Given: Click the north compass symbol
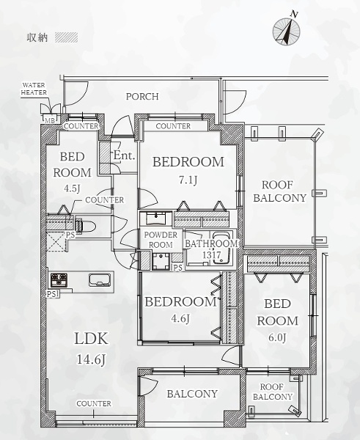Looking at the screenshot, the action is [287, 30].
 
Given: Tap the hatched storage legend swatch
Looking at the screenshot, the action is [66, 37].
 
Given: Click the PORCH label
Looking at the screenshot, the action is [142, 97].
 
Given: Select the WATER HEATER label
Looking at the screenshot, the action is [34, 89].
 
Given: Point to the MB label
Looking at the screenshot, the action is [51, 120].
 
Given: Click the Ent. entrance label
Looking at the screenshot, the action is [124, 155].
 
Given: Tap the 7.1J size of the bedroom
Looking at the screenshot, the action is [188, 180].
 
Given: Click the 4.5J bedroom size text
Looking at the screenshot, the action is [72, 188].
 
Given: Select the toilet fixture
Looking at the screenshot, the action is [85, 226].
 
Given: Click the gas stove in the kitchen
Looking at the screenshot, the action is [59, 280].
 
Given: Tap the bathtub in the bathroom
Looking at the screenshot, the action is [222, 248].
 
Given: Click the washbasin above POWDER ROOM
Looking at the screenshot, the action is [155, 218].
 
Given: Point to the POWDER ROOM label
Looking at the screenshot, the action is [161, 240].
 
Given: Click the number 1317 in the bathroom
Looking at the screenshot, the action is [212, 255].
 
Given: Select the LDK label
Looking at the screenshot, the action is [91, 338].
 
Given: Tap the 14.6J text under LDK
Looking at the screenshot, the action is [91, 359].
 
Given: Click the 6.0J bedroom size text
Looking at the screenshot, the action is [277, 337].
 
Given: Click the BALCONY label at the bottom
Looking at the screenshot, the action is [192, 394].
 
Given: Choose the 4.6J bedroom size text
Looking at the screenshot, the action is [180, 318].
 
